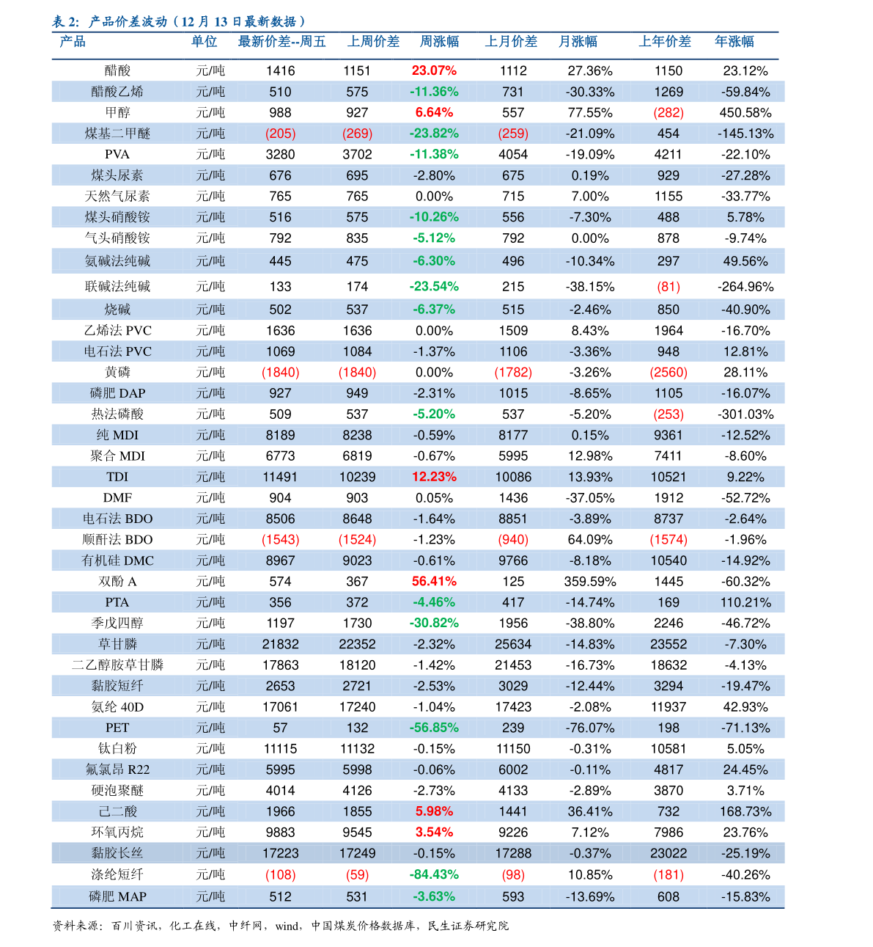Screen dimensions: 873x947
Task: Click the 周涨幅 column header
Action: pos(439,42)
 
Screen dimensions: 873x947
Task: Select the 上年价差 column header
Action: pos(664,42)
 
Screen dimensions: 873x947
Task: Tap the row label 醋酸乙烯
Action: pos(117,92)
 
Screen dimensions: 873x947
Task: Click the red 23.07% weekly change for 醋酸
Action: pos(434,70)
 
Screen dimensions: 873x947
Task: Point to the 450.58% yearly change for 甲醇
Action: pos(745,112)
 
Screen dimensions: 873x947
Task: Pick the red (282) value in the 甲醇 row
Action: pos(668,112)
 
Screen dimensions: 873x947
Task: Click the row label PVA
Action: pos(117,155)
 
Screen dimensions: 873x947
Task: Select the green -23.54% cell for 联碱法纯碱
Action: pos(434,286)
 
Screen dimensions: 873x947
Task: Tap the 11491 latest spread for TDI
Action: pos(280,477)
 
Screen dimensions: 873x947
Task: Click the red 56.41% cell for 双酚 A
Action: pos(434,581)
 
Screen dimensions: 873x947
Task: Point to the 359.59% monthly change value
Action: pos(590,581)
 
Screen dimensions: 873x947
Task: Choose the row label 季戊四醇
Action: pos(117,623)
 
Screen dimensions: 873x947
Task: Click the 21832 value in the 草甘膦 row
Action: pos(280,644)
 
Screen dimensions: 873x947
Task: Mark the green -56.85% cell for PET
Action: pos(434,728)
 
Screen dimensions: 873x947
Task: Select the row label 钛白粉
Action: pos(117,748)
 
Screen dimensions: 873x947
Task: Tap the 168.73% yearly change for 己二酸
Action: pos(745,811)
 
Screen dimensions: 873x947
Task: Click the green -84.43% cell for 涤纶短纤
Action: pos(434,874)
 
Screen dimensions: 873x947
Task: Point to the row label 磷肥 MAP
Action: pos(117,896)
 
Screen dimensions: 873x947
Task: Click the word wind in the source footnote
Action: pos(288,926)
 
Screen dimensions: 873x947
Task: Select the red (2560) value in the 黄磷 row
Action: pos(668,372)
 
